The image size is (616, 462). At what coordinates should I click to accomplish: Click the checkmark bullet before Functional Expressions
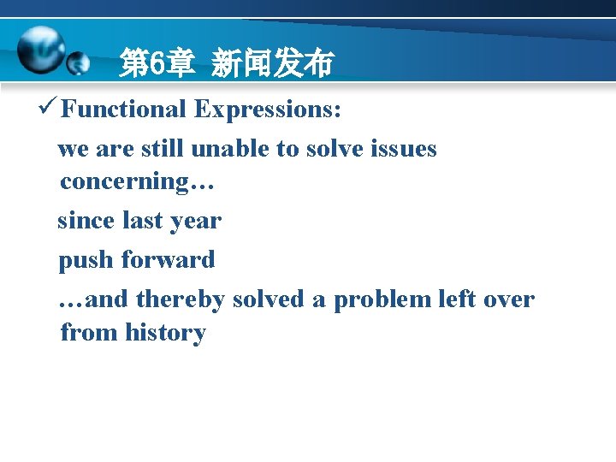48,109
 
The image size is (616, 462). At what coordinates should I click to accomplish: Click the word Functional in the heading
123,110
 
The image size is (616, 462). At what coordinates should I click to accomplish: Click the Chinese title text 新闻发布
272,63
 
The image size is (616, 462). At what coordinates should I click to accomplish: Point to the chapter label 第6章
157,63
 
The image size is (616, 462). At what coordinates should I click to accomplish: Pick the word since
86,221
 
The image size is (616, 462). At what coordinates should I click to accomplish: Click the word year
196,222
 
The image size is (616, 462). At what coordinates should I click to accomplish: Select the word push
86,260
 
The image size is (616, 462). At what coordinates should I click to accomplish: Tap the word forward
168,260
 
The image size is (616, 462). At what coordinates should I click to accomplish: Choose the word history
165,332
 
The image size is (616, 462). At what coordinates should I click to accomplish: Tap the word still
159,149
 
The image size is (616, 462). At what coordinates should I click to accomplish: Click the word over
508,299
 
